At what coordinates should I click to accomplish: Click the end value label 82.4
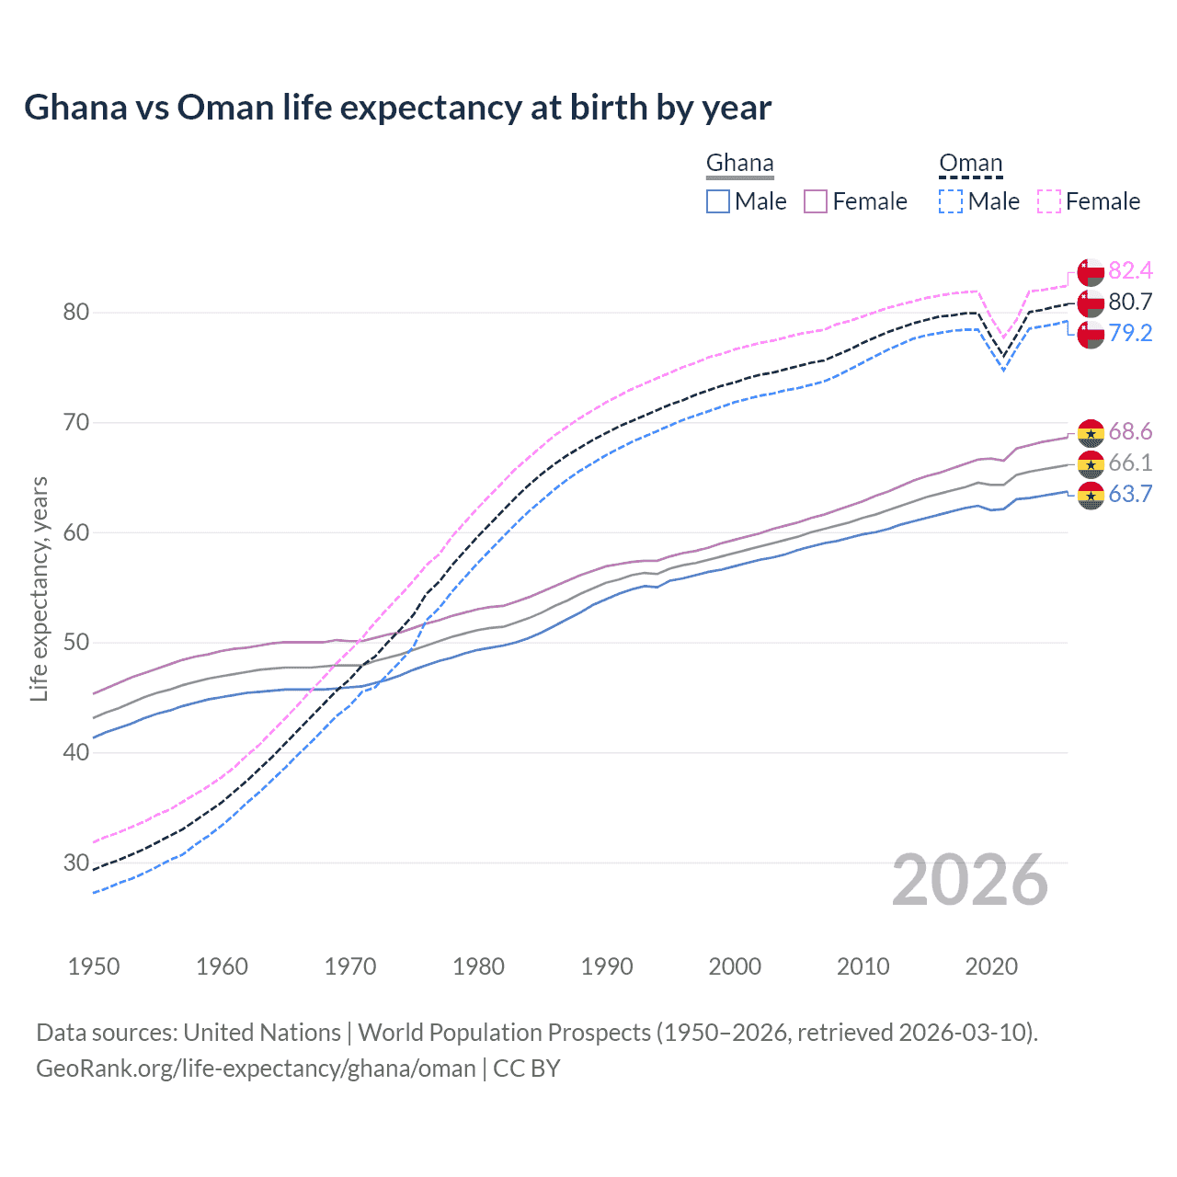tap(1130, 270)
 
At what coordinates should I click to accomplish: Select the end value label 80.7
tap(1130, 302)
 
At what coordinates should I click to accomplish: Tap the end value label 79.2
tap(1130, 333)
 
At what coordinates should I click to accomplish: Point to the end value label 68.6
tap(1130, 431)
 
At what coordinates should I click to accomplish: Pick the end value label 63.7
tap(1130, 494)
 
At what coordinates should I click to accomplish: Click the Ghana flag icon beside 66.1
tap(1091, 463)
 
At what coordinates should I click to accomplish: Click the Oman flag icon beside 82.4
tap(1091, 272)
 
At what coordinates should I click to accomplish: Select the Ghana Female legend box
tap(816, 201)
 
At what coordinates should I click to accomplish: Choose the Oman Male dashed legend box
tap(951, 201)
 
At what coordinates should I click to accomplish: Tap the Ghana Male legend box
tap(718, 201)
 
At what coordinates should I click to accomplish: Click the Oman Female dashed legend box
tap(1049, 201)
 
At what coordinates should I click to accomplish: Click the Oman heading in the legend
tap(970, 164)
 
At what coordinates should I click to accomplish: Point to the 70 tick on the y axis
tap(76, 423)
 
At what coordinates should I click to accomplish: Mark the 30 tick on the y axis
tap(76, 863)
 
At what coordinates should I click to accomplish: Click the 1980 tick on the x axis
tap(479, 966)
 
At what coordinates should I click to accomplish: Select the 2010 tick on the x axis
tap(863, 966)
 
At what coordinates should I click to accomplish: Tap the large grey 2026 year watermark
tap(970, 880)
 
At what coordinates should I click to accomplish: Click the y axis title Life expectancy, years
tap(39, 589)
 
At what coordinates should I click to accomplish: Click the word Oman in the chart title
tap(226, 108)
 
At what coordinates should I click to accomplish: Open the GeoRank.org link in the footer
tap(256, 1068)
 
